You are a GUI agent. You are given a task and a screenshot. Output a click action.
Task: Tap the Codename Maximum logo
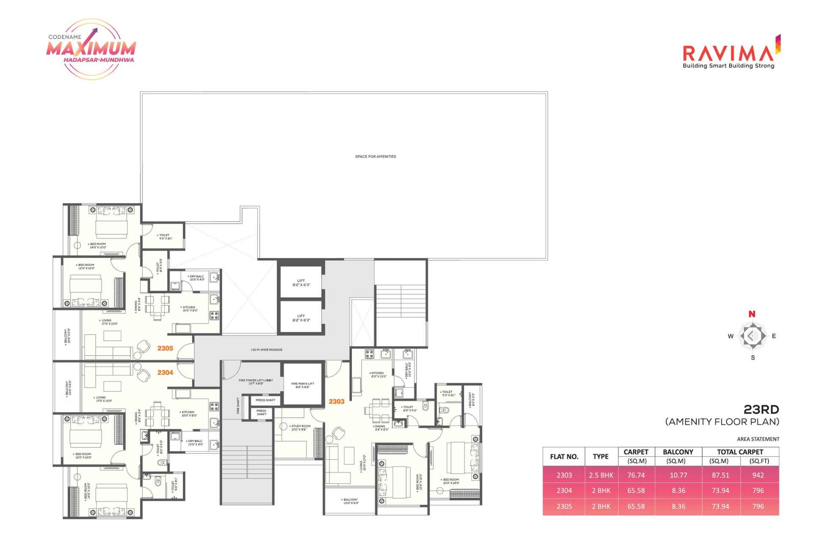pyautogui.click(x=91, y=49)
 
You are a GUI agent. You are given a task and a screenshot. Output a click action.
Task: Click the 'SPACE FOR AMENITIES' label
pyautogui.click(x=375, y=156)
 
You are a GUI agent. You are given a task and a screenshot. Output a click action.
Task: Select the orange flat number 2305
pyautogui.click(x=165, y=348)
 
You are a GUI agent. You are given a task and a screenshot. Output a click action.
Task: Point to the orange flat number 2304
pyautogui.click(x=165, y=373)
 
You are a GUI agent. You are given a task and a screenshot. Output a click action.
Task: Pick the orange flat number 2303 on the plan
pyautogui.click(x=336, y=401)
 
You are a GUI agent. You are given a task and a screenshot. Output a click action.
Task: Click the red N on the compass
pyautogui.click(x=752, y=314)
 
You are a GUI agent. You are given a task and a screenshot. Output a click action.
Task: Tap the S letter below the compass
pyautogui.click(x=753, y=358)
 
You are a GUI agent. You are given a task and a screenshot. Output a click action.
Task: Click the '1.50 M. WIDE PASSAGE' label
pyautogui.click(x=266, y=350)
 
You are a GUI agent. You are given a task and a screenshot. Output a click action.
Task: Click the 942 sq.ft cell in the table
pyautogui.click(x=758, y=475)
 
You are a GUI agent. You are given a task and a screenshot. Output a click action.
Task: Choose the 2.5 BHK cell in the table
pyautogui.click(x=601, y=475)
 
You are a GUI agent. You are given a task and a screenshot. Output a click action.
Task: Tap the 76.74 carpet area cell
pyautogui.click(x=636, y=475)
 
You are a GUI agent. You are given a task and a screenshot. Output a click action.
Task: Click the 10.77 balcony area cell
pyautogui.click(x=678, y=475)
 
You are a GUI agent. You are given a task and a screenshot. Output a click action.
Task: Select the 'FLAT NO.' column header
pyautogui.click(x=564, y=457)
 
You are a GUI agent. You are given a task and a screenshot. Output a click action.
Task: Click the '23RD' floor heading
pyautogui.click(x=761, y=409)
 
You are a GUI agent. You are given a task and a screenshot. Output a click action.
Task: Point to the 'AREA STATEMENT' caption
pyautogui.click(x=758, y=439)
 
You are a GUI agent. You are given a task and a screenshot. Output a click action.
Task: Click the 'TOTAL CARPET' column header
pyautogui.click(x=740, y=452)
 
